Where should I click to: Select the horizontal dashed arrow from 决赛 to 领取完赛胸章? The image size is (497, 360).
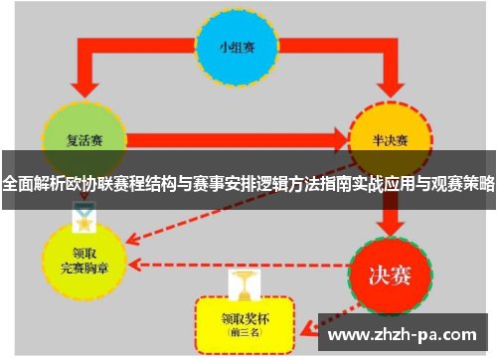[x=239, y=266]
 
